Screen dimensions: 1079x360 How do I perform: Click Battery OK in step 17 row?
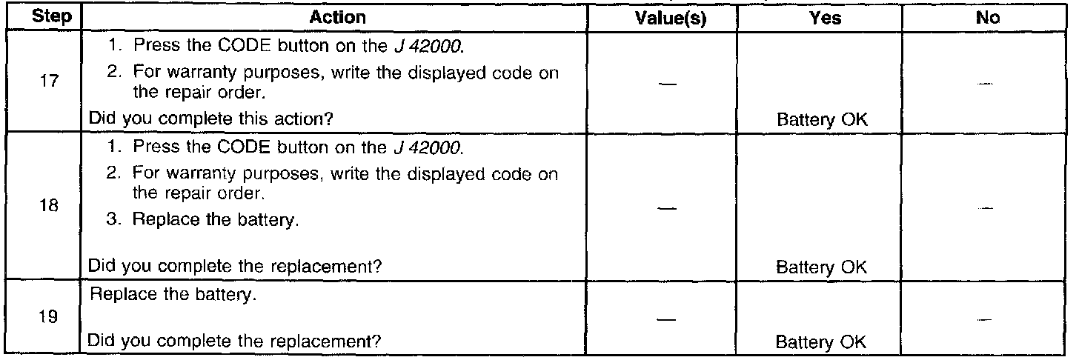tap(820, 118)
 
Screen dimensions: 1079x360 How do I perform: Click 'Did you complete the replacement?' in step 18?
tap(236, 266)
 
